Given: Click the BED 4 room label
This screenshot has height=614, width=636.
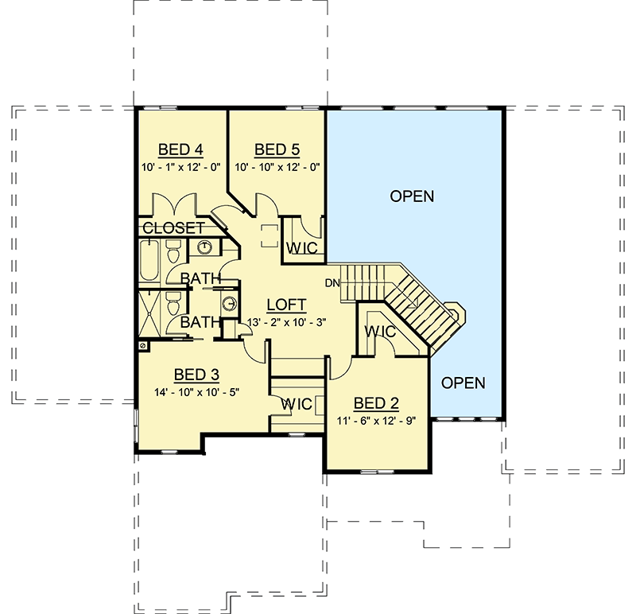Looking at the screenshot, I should tap(181, 150).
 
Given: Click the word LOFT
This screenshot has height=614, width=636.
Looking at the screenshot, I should tap(287, 305).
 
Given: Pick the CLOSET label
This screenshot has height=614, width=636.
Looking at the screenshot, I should tap(173, 228).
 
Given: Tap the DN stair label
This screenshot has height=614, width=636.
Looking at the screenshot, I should tap(332, 282).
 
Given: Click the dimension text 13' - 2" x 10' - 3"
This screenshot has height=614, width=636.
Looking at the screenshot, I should tap(289, 321).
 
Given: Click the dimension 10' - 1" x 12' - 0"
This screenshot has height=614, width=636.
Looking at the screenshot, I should tap(181, 167).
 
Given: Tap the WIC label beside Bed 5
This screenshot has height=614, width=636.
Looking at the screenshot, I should tap(303, 249).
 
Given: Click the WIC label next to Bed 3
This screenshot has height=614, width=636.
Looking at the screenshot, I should tap(296, 405).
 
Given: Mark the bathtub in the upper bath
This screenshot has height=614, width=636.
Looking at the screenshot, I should tap(149, 263).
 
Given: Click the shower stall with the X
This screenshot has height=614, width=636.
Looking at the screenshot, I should tap(149, 313).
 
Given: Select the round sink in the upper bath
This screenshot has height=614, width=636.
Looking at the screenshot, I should tap(204, 247).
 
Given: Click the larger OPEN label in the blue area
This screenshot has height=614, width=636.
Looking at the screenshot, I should tap(412, 196).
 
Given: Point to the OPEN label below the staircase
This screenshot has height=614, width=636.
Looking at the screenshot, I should tap(463, 383).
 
